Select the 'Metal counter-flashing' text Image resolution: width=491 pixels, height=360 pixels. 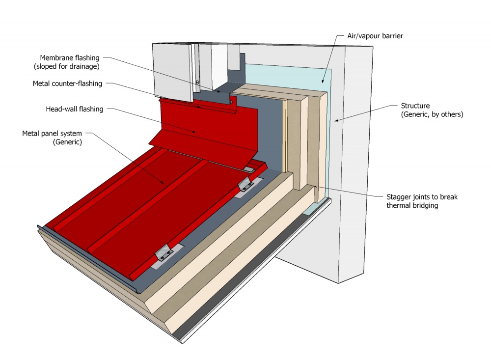[x=67, y=83]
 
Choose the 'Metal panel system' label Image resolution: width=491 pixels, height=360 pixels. [x=52, y=134]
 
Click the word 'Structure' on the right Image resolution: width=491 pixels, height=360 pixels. [x=415, y=106]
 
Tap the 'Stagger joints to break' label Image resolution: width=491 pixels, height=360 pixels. [x=422, y=197]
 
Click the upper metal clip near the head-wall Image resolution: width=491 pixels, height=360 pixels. [x=246, y=186]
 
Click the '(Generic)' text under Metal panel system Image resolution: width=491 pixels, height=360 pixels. [x=67, y=142]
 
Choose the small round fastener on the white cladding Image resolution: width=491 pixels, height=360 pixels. [x=197, y=82]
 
